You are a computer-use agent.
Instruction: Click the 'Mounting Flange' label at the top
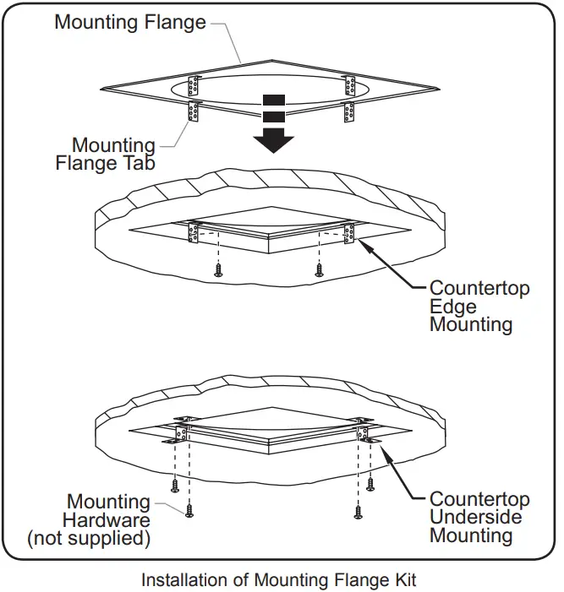tap(130, 22)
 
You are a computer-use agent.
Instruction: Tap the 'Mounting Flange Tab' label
tap(106, 155)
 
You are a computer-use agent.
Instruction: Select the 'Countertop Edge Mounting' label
tap(479, 306)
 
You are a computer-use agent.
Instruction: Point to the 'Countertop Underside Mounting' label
tap(479, 517)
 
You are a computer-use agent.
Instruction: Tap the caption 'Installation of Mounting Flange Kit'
tap(278, 580)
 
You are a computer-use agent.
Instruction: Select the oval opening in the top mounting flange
tap(271, 90)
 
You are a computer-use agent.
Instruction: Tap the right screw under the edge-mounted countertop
tap(319, 271)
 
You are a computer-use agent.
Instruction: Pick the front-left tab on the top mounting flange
tap(194, 112)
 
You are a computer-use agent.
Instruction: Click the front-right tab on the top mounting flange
tap(348, 111)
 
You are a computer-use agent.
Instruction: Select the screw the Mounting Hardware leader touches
tap(189, 511)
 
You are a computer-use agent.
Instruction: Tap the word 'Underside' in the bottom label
tap(476, 517)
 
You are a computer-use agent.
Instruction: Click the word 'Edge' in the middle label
tap(453, 306)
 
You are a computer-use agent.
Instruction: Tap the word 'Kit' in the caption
tap(403, 580)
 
